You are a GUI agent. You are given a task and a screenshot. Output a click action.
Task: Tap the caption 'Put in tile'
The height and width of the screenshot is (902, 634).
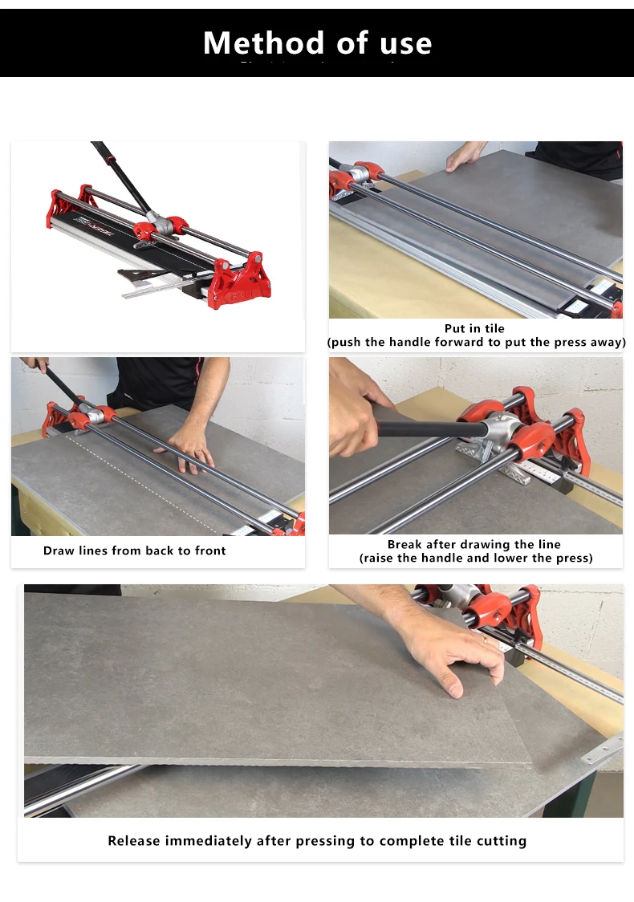[x=475, y=328]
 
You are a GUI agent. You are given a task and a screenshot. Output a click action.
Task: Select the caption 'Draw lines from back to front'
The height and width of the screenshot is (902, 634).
[x=135, y=551]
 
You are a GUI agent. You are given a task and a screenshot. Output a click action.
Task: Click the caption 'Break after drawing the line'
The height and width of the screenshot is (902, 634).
[x=474, y=544]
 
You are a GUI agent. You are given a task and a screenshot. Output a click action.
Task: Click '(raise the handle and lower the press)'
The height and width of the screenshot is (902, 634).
[x=476, y=558]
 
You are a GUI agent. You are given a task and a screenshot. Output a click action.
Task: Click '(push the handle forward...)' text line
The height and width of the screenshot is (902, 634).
[x=476, y=342]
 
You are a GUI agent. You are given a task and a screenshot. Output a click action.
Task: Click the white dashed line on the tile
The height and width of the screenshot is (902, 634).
[x=144, y=481]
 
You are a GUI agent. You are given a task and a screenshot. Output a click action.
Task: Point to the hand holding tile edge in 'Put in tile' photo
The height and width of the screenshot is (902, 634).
[x=464, y=156]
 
